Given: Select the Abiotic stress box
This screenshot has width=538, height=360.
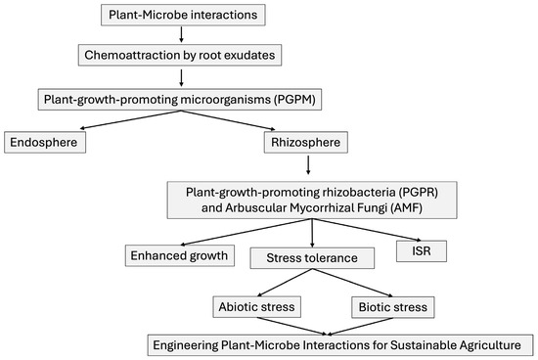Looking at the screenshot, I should (253, 307).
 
